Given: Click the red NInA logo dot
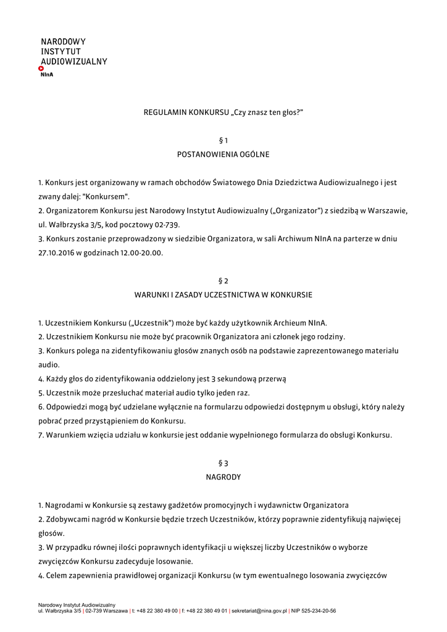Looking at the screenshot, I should pos(41,68).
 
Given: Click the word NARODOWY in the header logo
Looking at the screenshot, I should pos(63,41).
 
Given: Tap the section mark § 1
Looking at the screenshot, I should pos(223,141).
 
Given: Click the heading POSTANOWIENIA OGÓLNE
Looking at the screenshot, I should pos(223,155).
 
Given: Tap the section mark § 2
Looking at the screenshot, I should pos(223,281).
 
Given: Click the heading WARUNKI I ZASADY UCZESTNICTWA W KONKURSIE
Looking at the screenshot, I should pos(223,295).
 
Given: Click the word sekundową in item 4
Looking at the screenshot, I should pos(238,378).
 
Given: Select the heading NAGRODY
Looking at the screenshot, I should pos(223,476).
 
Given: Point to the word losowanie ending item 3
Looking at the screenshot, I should pos(174,561).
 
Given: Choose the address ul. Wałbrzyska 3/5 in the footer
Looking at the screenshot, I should pos(59,611).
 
